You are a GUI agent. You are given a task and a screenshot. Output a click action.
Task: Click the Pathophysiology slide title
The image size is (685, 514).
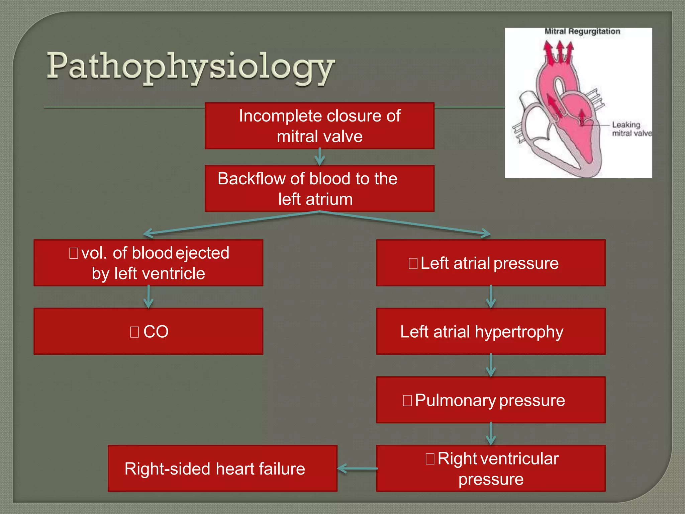(x=191, y=67)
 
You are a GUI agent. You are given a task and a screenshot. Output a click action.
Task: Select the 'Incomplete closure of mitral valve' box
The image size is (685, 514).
(x=319, y=126)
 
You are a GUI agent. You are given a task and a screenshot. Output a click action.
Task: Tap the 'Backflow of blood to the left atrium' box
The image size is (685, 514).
(x=319, y=189)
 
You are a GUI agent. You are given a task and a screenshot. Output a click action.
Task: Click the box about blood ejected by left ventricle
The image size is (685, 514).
(x=149, y=263)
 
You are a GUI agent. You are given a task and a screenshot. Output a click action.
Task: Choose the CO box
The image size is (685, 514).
(x=149, y=332)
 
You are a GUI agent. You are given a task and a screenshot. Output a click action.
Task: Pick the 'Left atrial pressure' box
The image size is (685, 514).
(x=491, y=263)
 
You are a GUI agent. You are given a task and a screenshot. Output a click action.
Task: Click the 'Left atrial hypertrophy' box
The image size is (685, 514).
(x=491, y=332)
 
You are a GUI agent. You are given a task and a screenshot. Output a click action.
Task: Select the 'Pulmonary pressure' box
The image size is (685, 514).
(x=491, y=400)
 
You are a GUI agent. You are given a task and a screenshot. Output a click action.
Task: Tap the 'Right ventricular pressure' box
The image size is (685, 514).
(x=491, y=468)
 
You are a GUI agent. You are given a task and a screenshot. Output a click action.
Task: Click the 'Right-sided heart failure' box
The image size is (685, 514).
(x=222, y=468)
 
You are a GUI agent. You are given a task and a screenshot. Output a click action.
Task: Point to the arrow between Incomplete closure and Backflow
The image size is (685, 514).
(x=320, y=157)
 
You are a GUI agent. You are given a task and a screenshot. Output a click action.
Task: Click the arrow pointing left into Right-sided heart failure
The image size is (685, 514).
(x=357, y=468)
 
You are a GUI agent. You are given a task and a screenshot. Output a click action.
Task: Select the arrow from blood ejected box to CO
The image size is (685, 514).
(x=149, y=297)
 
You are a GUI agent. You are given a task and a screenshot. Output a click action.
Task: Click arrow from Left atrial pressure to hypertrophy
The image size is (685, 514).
(x=491, y=297)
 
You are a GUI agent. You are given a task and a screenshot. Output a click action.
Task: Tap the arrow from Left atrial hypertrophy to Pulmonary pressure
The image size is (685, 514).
(x=491, y=365)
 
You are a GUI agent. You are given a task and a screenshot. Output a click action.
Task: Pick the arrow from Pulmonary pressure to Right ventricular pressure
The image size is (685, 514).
(x=491, y=434)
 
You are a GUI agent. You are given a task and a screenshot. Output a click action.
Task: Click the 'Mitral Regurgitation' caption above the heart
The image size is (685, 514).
(x=582, y=31)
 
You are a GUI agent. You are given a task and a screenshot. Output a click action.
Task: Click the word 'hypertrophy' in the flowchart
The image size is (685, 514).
(x=519, y=332)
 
